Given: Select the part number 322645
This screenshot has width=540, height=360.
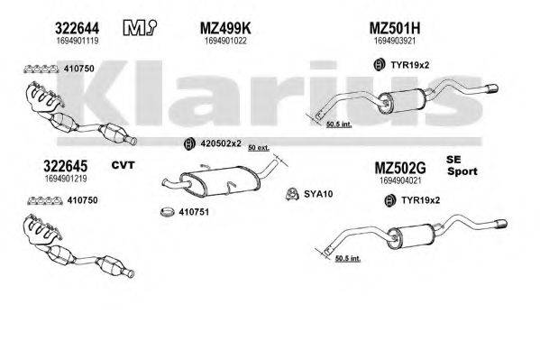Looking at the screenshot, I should [59, 165].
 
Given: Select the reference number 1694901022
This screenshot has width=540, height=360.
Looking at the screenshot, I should [224, 42].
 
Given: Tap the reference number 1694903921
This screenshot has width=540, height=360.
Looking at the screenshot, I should [395, 42].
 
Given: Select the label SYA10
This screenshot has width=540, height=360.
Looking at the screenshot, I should [319, 192].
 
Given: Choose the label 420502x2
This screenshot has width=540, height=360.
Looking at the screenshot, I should [221, 143].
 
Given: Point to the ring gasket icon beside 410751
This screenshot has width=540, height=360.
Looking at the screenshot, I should [167, 214].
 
